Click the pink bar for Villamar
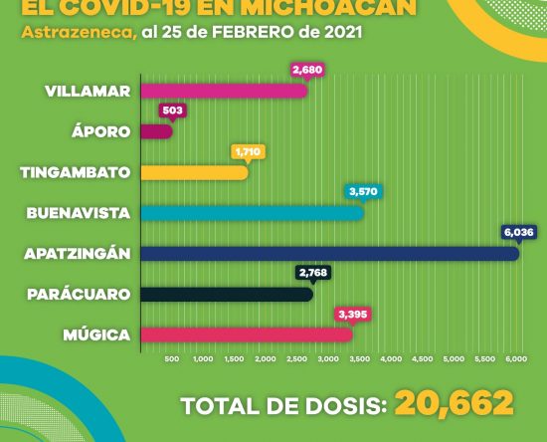pos(224,92)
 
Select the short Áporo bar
pos(156,131)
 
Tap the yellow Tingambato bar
pos(194,172)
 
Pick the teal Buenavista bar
pos(253,213)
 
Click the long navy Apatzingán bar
pos(329,254)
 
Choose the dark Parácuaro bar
pos(227,295)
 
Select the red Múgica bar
pos(247,335)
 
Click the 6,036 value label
pos(519,232)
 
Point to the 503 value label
pos(173,110)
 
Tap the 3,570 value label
pos(363,191)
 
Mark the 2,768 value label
pos(313,273)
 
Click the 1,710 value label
pos(248,152)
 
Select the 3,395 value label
pos(353,315)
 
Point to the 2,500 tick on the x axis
pos(297,359)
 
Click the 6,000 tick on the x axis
pos(516,359)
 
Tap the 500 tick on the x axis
pos(172,359)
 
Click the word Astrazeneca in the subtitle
pos(79,33)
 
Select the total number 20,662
pos(455,403)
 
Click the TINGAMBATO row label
pos(76,172)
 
